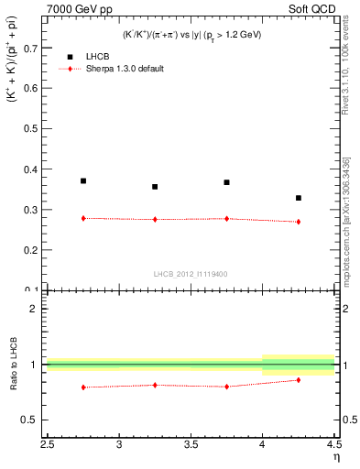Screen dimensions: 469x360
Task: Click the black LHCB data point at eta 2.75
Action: pos(83,181)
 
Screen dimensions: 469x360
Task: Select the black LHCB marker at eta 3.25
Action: pos(155,187)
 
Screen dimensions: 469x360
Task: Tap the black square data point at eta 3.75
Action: pos(226,182)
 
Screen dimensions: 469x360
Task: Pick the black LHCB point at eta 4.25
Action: pos(298,198)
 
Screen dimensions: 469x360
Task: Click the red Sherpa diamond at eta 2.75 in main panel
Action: pos(83,218)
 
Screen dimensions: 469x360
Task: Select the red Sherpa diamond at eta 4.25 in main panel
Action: pos(298,222)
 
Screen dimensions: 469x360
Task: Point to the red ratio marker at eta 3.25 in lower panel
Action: pos(155,385)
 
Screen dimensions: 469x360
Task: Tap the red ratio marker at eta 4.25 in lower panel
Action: pos(298,380)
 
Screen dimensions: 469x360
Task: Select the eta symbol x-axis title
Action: pos(336,457)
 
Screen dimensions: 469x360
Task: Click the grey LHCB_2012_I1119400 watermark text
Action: pos(191,273)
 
